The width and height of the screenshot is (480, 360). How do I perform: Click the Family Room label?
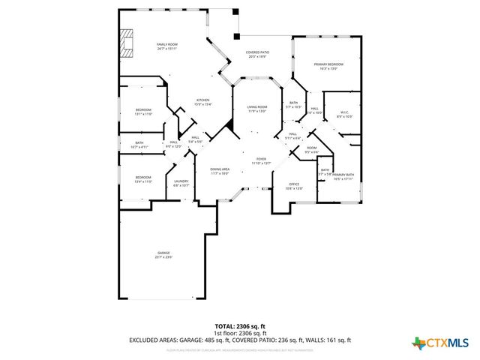pyautogui.click(x=166, y=46)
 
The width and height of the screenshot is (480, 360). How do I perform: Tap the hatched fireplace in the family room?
pyautogui.click(x=127, y=43)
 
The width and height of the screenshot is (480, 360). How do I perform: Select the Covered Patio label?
pyautogui.click(x=258, y=54)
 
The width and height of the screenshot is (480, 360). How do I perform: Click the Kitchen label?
pyautogui.click(x=202, y=102)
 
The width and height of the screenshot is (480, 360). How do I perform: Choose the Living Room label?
pyautogui.click(x=257, y=109)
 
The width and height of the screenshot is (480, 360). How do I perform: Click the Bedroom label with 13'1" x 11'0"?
pyautogui.click(x=143, y=112)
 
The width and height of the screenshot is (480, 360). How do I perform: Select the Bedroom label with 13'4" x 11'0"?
pyautogui.click(x=143, y=178)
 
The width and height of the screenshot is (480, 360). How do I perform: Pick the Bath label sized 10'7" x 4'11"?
pyautogui.click(x=139, y=145)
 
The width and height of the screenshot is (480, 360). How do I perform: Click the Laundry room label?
pyautogui.click(x=181, y=183)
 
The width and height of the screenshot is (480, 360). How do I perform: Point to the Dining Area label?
pyautogui.click(x=219, y=171)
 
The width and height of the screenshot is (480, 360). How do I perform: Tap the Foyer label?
pyautogui.click(x=261, y=160)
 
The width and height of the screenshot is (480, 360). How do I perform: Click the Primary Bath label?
pyautogui.click(x=343, y=176)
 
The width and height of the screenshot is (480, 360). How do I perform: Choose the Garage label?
pyautogui.click(x=163, y=254)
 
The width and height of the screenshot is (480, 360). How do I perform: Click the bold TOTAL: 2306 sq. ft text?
pyautogui.click(x=240, y=326)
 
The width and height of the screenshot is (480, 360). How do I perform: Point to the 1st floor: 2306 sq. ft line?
pyautogui.click(x=240, y=333)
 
